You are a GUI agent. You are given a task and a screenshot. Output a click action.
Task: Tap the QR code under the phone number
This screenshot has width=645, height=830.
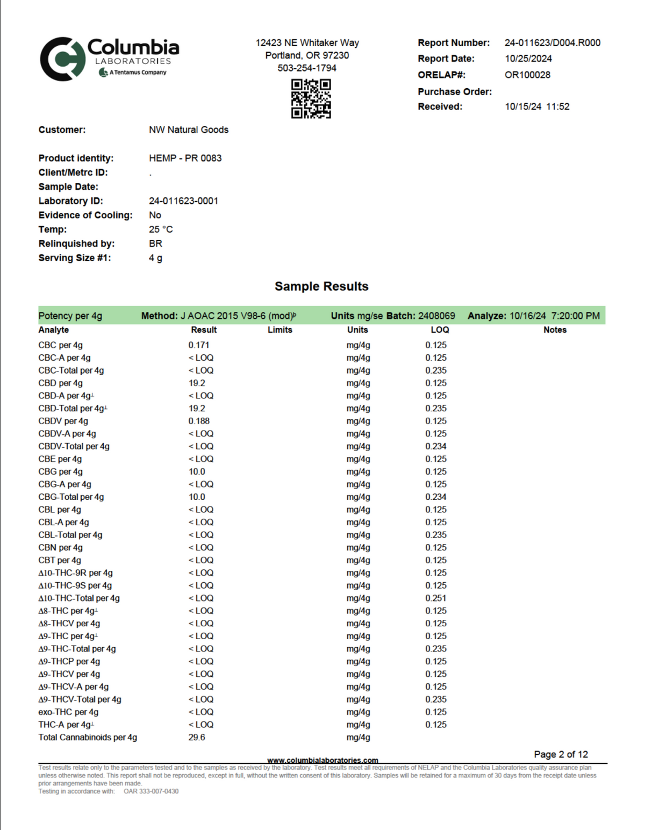(311, 98)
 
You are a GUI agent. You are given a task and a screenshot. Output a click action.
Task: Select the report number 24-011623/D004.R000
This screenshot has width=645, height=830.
(552, 43)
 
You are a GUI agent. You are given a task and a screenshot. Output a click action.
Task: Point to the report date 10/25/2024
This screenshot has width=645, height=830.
(528, 59)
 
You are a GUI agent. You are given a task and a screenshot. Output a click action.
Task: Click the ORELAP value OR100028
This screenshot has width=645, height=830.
(527, 75)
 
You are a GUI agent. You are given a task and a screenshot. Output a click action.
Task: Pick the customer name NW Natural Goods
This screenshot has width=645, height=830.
(189, 130)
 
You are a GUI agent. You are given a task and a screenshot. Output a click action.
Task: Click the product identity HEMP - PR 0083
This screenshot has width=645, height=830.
(185, 158)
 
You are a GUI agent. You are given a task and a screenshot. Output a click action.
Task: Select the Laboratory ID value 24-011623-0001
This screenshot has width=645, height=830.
(183, 201)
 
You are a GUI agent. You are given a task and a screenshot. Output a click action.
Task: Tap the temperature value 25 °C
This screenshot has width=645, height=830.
(161, 230)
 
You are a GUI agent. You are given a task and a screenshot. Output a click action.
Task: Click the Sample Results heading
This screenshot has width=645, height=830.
(321, 287)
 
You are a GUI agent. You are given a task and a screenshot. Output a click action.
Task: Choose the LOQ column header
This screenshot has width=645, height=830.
(439, 330)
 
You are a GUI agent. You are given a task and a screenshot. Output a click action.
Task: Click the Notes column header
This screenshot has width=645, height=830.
(555, 330)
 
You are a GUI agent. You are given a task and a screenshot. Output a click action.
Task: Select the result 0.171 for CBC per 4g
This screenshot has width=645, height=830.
(199, 345)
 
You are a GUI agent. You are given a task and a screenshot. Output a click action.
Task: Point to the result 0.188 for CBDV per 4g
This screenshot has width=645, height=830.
(199, 421)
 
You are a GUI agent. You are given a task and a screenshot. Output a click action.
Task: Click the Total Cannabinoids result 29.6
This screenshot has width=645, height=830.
(197, 738)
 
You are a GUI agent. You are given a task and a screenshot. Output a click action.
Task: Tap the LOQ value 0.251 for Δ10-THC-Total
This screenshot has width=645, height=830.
(435, 598)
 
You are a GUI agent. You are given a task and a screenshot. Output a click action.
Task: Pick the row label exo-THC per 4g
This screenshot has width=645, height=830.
(68, 712)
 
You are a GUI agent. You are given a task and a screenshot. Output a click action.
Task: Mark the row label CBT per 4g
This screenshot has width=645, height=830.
(60, 560)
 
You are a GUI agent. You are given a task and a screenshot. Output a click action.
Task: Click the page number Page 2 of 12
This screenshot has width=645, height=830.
(561, 754)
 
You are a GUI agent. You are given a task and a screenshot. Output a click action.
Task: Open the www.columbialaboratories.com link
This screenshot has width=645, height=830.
(322, 760)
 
